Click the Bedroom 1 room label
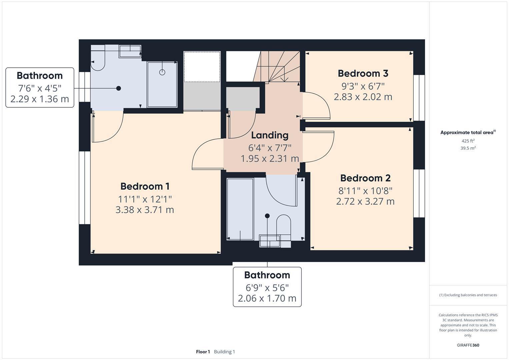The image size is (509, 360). [145, 186]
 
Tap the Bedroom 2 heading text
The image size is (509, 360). [365, 178]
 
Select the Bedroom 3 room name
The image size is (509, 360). [363, 73]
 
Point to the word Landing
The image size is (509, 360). [270, 135]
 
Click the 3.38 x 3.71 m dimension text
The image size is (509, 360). [145, 210]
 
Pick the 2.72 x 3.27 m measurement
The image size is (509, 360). [365, 201]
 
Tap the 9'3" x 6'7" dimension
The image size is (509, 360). [363, 86]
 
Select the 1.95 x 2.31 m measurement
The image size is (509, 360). [270, 158]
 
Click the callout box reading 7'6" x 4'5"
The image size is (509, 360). [40, 88]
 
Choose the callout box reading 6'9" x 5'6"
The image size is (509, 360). [267, 287]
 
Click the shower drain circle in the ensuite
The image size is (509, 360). [162, 72]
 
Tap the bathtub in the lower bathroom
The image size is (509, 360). [240, 209]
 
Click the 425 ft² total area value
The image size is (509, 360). [468, 141]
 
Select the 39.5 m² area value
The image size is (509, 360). [468, 148]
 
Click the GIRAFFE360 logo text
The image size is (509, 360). [468, 345]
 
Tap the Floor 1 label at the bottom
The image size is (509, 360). [203, 352]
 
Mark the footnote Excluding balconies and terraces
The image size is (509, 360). [468, 295]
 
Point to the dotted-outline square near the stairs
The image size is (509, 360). [202, 66]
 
